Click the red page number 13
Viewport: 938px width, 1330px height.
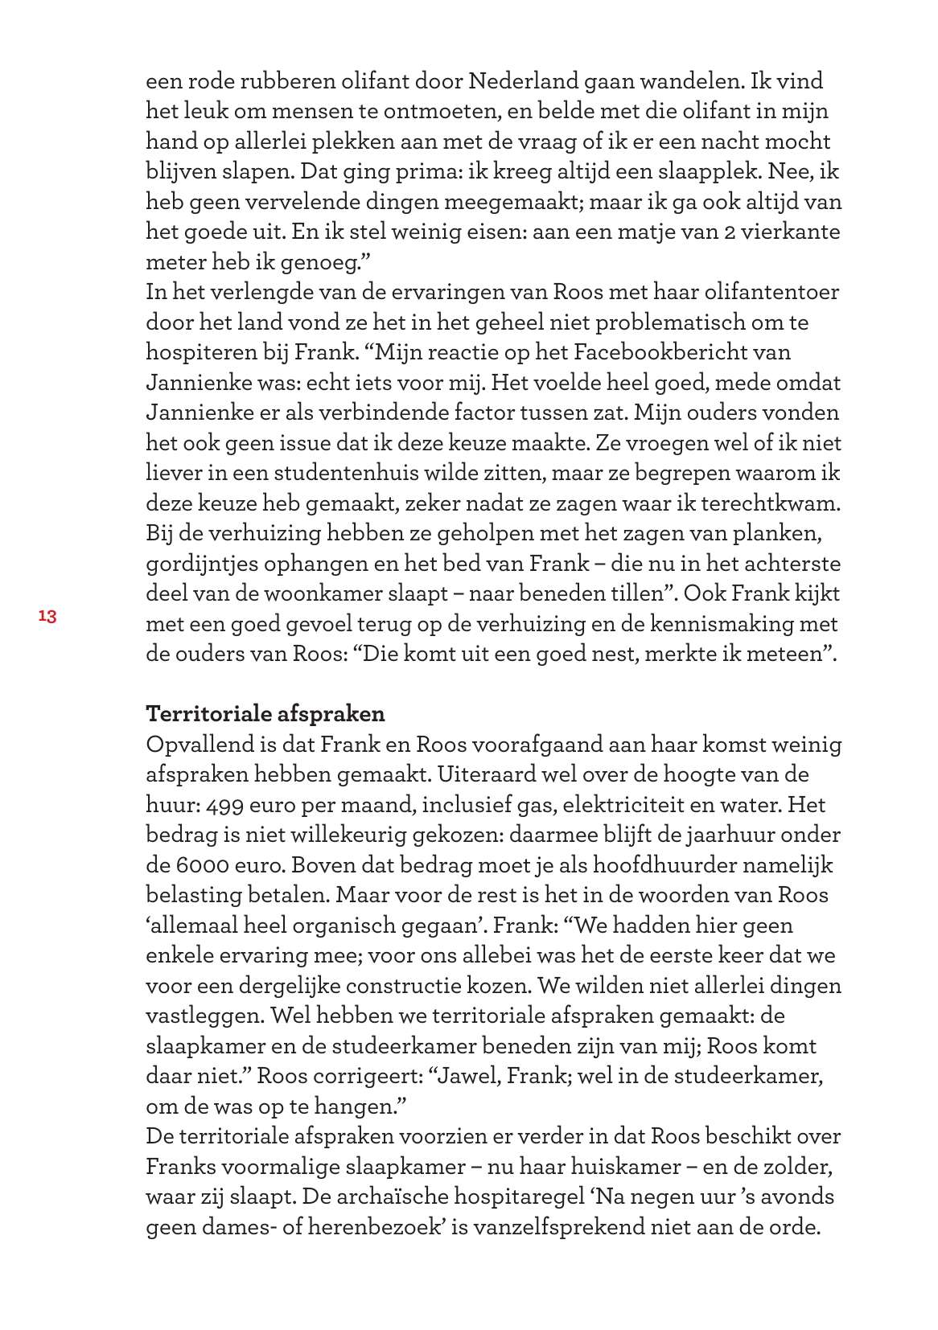(47, 617)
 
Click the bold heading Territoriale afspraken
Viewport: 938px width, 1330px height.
(265, 714)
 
